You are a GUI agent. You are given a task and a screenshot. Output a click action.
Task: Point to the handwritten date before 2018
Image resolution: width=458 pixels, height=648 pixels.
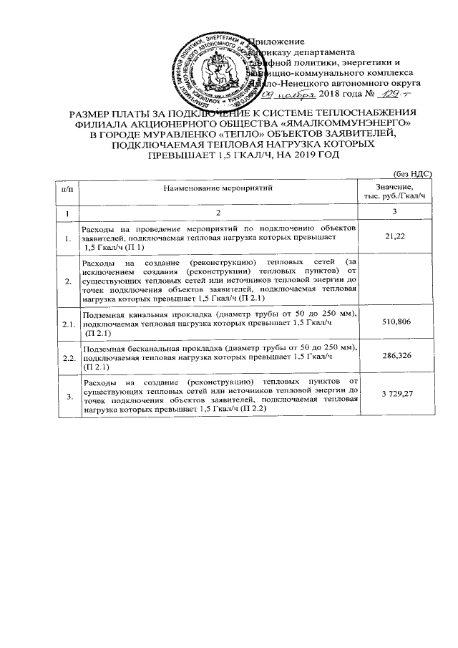[x=291, y=95]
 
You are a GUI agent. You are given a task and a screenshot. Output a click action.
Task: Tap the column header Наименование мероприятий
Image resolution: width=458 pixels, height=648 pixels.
[x=218, y=188]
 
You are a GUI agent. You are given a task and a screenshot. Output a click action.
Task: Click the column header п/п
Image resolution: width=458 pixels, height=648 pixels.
[x=67, y=188]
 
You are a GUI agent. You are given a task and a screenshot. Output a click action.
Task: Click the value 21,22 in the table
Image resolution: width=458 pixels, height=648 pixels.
[x=396, y=235]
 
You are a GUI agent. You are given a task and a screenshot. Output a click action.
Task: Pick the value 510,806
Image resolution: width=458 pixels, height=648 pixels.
[x=396, y=323]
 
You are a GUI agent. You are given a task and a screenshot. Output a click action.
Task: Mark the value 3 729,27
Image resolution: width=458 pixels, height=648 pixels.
[x=396, y=395]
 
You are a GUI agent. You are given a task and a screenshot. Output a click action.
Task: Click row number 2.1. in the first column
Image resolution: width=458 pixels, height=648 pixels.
[x=69, y=326]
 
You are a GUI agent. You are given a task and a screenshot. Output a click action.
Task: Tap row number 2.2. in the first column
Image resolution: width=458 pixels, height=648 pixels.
[x=69, y=357]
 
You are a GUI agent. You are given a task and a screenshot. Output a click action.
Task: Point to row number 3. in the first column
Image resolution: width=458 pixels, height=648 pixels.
[x=69, y=397]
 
